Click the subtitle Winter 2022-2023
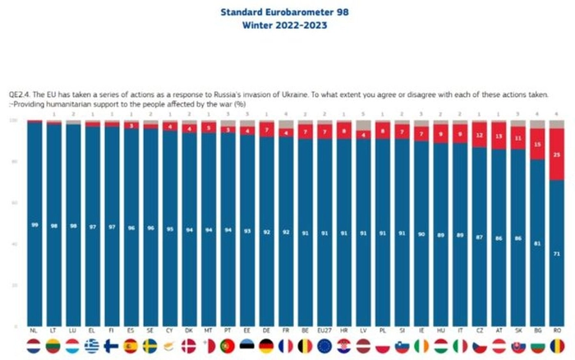pos(286,25)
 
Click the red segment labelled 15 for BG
pos(537,144)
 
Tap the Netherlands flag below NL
pos(34,346)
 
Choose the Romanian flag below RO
pos(558,346)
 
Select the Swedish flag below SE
pos(150,346)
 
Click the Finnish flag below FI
pos(111,346)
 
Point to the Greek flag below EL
pos(92,346)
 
